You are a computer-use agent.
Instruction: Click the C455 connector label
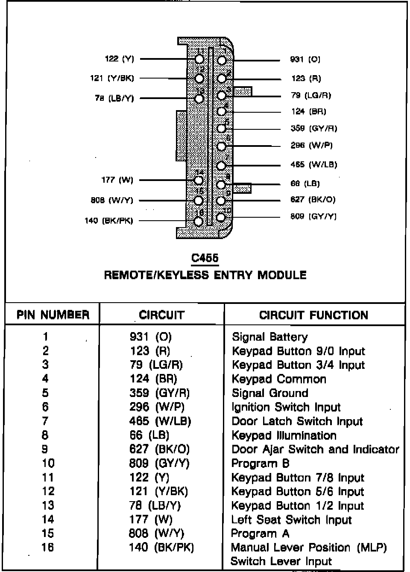click(x=205, y=258)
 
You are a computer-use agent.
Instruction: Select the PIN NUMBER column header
click(x=53, y=315)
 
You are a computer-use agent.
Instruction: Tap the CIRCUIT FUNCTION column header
click(x=313, y=315)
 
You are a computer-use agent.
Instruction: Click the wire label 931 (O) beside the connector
click(x=305, y=59)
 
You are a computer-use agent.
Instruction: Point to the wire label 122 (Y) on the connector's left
click(x=120, y=59)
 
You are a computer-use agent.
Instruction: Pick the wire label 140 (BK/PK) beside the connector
click(x=109, y=221)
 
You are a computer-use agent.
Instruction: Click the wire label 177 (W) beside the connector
click(x=117, y=180)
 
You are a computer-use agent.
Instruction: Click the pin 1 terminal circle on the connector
click(x=222, y=60)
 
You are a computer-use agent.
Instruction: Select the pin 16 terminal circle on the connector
click(x=198, y=221)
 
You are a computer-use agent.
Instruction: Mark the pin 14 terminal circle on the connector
click(x=199, y=180)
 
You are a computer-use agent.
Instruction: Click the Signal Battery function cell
click(x=269, y=337)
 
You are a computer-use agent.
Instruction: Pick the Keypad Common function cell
click(x=279, y=379)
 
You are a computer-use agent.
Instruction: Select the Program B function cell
click(x=260, y=463)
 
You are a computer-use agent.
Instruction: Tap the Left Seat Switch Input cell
click(x=291, y=519)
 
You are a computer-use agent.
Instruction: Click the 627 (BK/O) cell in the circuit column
click(x=159, y=449)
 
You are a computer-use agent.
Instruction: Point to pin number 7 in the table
click(x=45, y=421)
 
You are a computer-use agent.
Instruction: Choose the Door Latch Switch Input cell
click(x=297, y=421)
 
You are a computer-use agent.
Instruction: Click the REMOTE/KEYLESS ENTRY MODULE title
click(x=205, y=274)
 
